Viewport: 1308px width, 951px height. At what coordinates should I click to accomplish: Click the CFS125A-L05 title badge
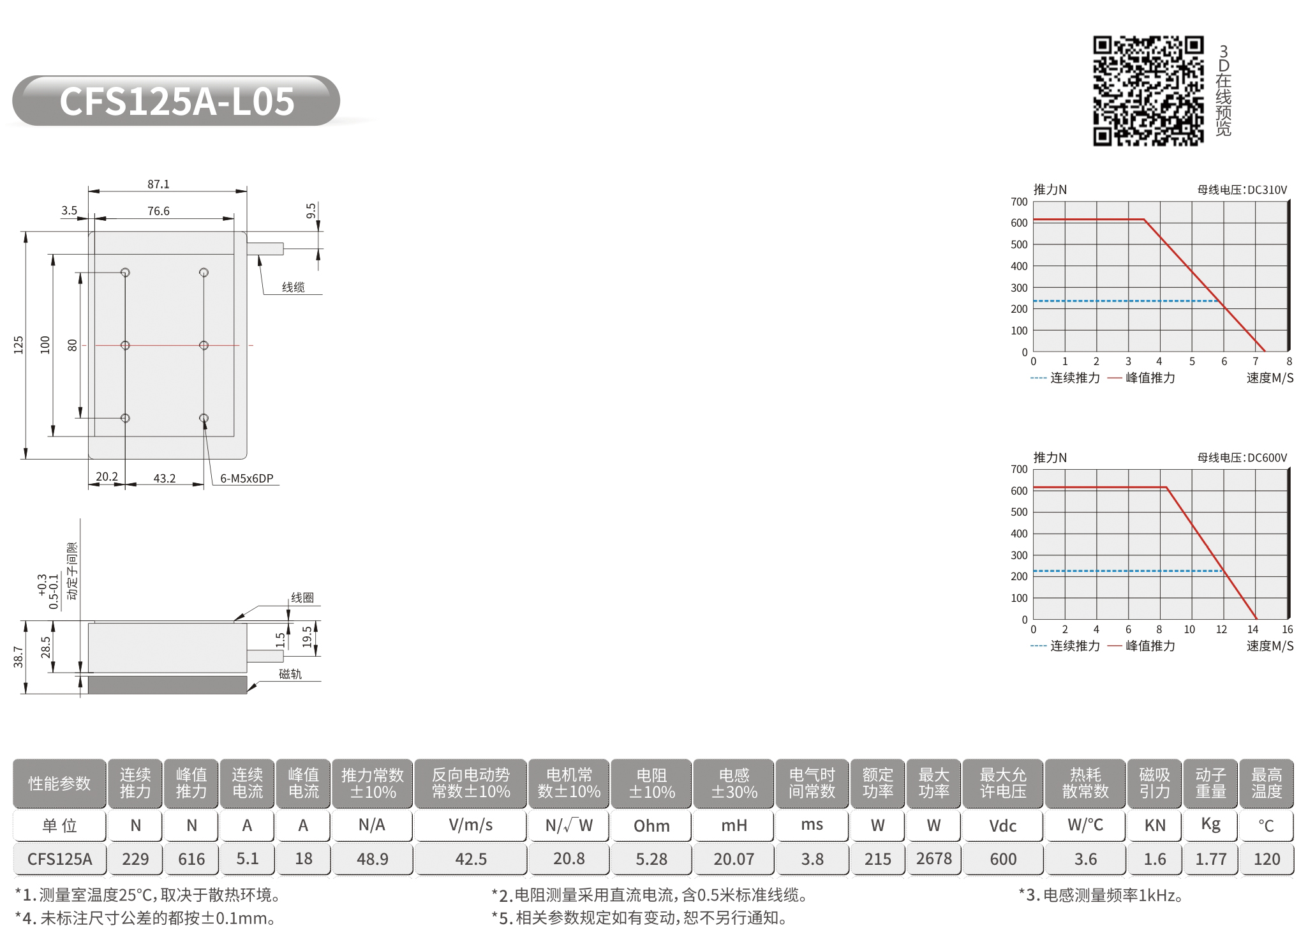pyautogui.click(x=176, y=101)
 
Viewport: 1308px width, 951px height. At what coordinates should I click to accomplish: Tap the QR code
pyautogui.click(x=1148, y=91)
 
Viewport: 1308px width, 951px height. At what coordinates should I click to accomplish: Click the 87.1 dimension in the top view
pyautogui.click(x=158, y=184)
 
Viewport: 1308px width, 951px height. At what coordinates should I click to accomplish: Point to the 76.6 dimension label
pyautogui.click(x=158, y=211)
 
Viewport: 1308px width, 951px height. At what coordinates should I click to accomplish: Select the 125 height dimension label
pyautogui.click(x=19, y=345)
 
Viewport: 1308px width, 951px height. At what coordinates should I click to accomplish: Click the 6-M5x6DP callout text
pyautogui.click(x=246, y=478)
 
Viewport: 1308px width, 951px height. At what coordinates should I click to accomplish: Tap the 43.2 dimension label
pyautogui.click(x=164, y=478)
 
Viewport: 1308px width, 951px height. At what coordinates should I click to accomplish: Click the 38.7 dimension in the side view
pyautogui.click(x=19, y=657)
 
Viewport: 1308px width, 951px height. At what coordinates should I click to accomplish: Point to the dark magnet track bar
pyautogui.click(x=167, y=685)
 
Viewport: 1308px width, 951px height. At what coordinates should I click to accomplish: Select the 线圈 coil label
pyautogui.click(x=302, y=597)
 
